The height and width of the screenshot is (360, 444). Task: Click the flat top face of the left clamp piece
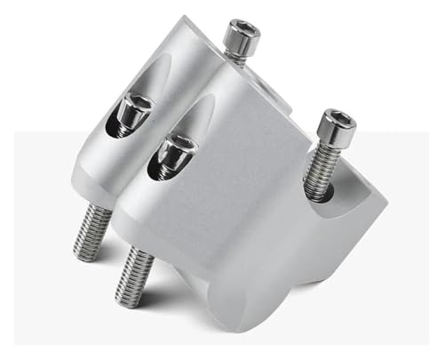(191, 44)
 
